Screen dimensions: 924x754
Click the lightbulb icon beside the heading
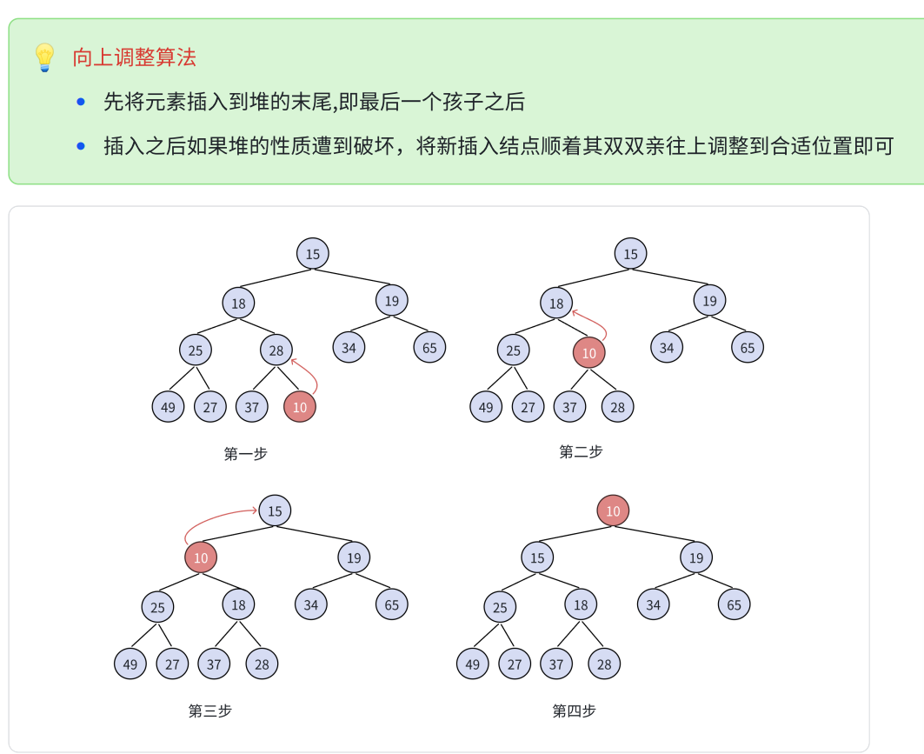(43, 57)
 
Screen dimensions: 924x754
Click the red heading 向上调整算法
(135, 57)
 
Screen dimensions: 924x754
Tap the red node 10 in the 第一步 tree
(300, 406)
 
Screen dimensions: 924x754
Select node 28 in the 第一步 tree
(276, 350)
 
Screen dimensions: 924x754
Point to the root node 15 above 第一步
(313, 254)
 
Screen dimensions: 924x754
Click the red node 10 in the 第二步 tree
(589, 352)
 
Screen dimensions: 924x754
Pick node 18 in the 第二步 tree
(556, 304)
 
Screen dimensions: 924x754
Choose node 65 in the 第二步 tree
(748, 347)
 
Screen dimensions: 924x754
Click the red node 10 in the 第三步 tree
(201, 557)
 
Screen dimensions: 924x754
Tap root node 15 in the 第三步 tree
(275, 510)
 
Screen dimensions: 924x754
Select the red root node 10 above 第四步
(613, 510)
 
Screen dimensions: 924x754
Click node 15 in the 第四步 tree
(537, 557)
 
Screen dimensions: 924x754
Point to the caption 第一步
(246, 453)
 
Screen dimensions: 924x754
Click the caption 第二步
(581, 451)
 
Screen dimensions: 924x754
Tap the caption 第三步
(210, 711)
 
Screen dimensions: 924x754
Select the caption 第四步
(575, 711)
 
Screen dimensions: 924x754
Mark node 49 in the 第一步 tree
(168, 406)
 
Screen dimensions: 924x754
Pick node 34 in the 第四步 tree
(653, 604)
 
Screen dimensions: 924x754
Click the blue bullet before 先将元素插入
(82, 102)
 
